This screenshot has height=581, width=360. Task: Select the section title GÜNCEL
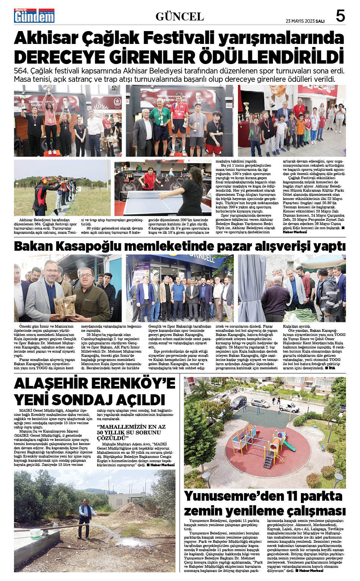click(x=180, y=17)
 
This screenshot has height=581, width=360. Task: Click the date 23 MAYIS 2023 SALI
click(x=305, y=20)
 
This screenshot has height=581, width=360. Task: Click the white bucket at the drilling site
click(x=36, y=534)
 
